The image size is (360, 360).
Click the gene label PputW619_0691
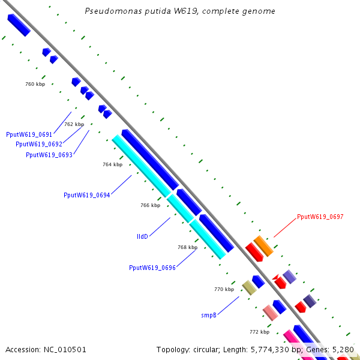click(29, 134)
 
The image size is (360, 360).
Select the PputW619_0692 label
click(39, 144)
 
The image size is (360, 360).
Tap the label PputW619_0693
click(49, 155)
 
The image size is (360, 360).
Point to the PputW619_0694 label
click(87, 195)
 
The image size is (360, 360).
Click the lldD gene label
click(142, 236)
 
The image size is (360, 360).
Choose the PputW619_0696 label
click(152, 268)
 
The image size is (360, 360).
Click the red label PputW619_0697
click(320, 217)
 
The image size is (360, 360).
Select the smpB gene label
click(209, 315)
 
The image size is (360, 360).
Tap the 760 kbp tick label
click(35, 84)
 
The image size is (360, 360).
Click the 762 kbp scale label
click(74, 124)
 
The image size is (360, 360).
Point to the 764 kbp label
click(113, 164)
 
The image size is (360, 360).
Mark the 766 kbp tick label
click(151, 205)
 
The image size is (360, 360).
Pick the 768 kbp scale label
click(188, 247)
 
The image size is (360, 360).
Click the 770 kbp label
click(224, 289)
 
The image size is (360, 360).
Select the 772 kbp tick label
click(259, 332)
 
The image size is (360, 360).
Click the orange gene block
click(263, 246)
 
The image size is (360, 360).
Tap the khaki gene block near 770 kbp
click(250, 287)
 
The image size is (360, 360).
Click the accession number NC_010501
click(65, 350)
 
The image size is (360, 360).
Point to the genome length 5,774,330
click(270, 350)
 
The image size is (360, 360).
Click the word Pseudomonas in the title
click(113, 11)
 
